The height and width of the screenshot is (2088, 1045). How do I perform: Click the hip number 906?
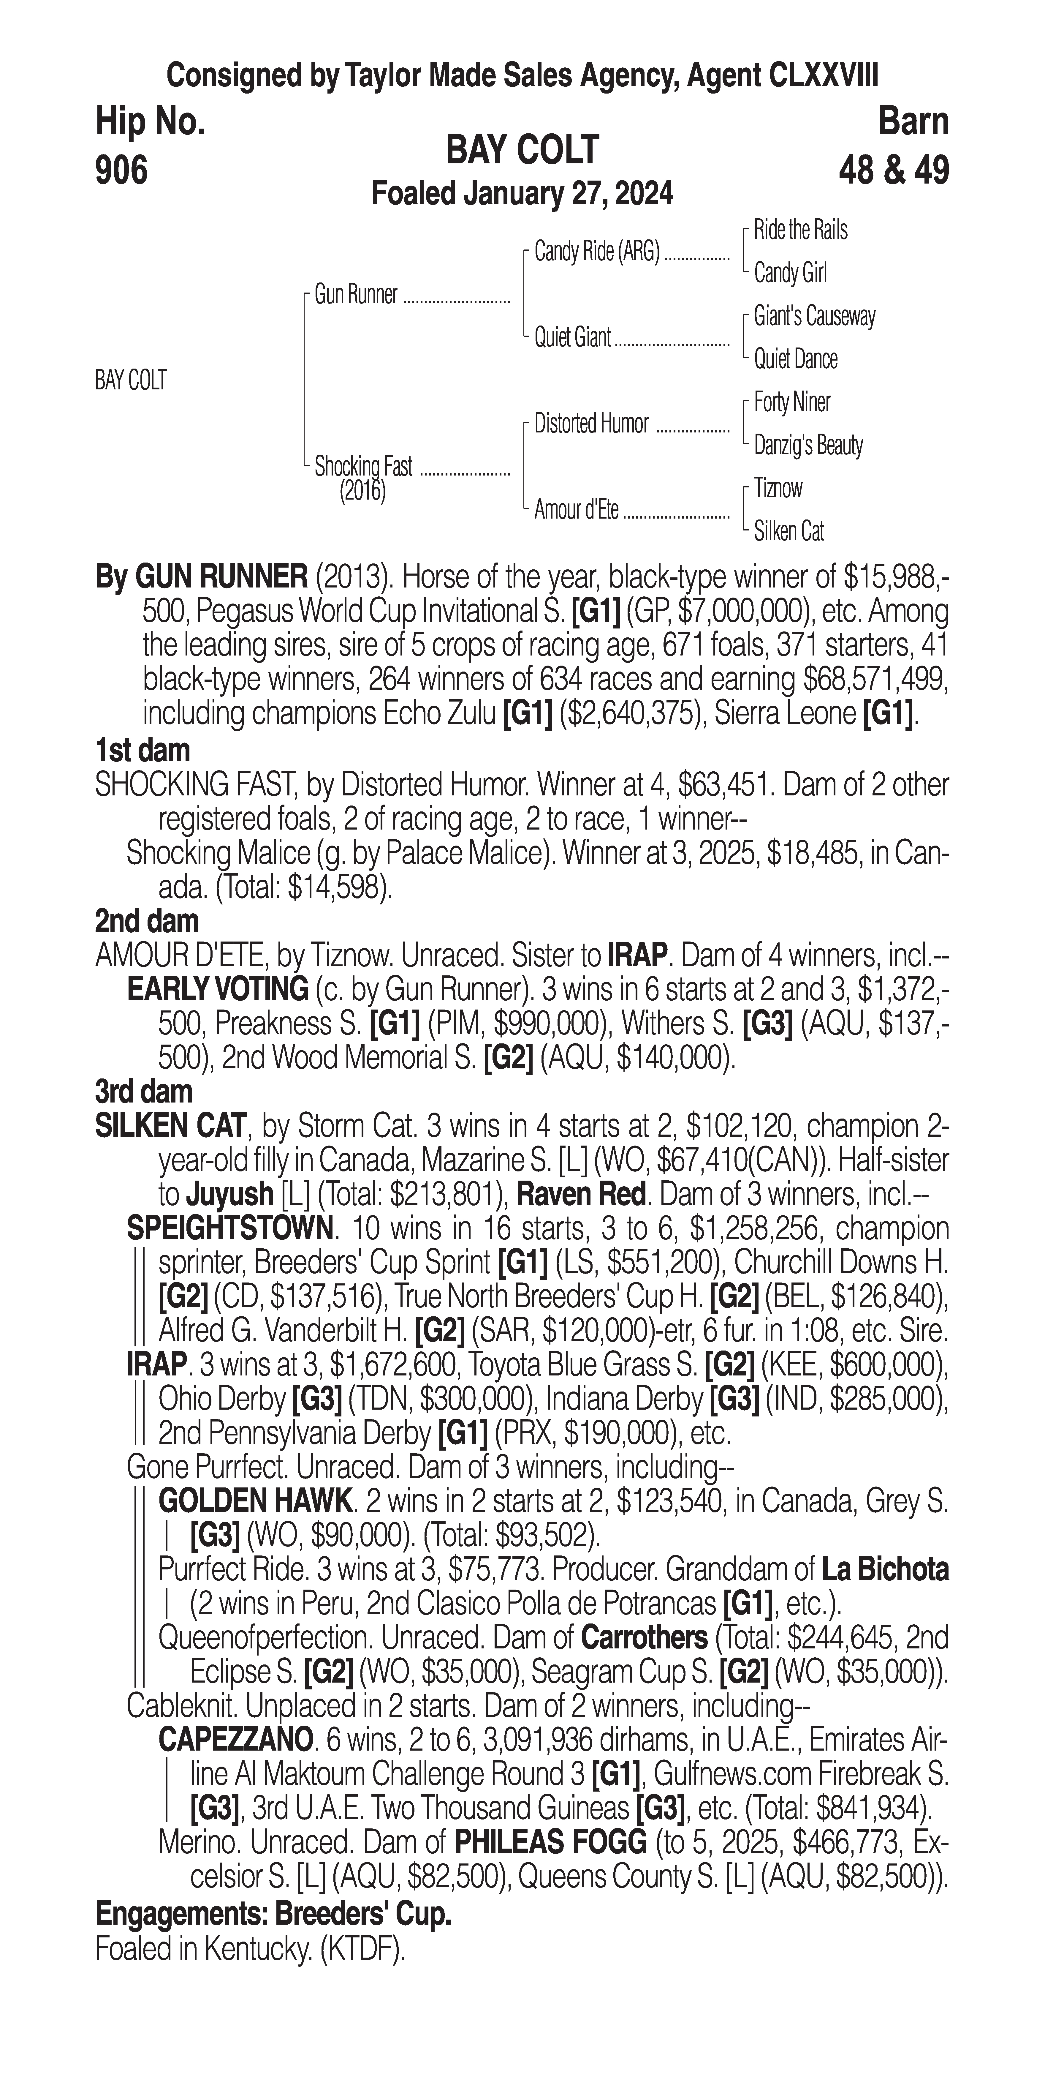coord(121,171)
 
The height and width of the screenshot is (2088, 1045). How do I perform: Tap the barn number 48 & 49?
coord(894,171)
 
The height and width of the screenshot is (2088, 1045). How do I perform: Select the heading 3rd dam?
coord(143,1092)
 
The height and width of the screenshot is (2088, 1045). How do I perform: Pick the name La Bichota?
coord(885,1570)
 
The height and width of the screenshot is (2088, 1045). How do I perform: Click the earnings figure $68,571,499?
coord(876,679)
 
